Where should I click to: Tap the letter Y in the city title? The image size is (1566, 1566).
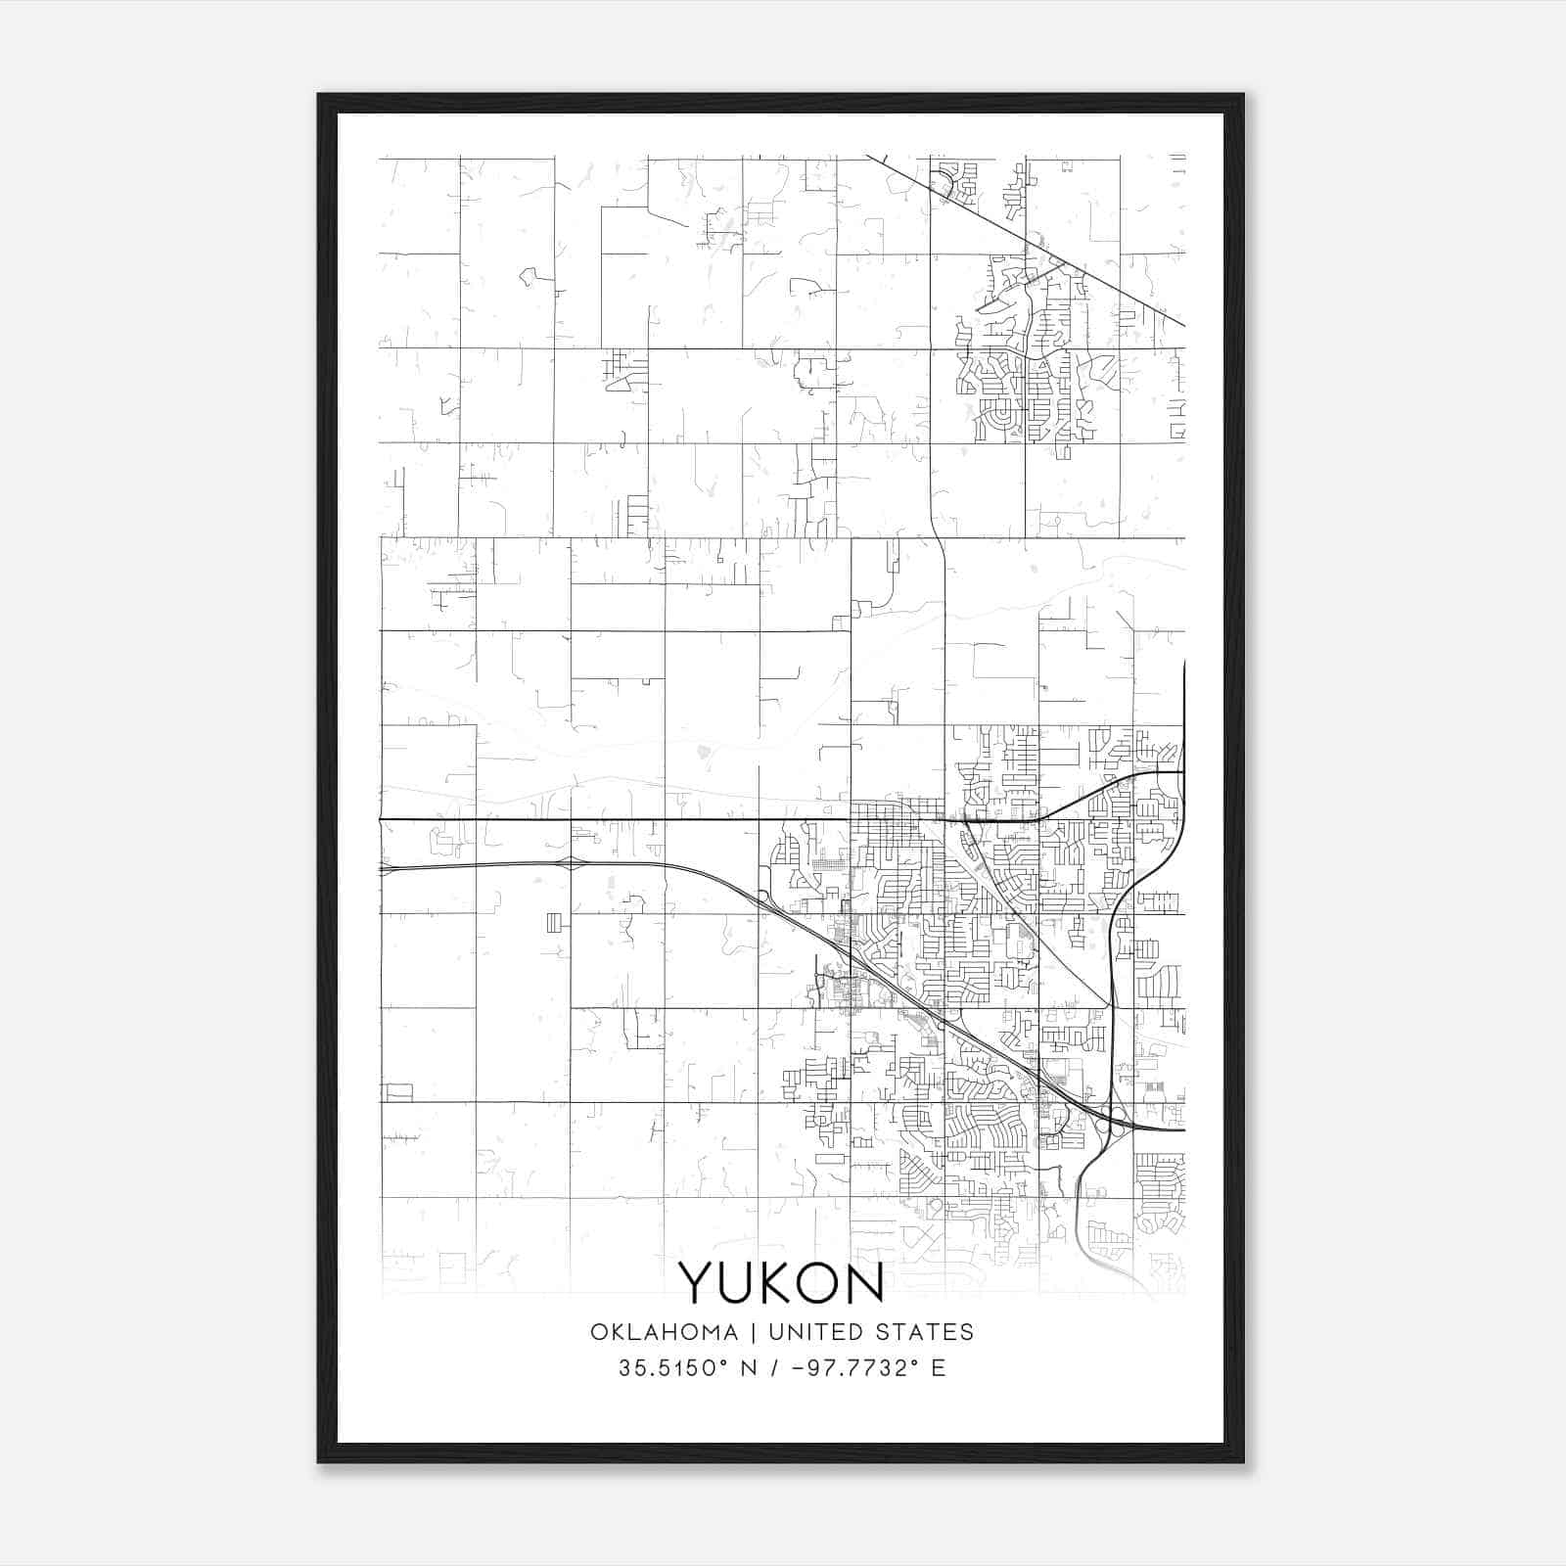699,1283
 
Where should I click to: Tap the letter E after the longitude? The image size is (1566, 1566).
939,1367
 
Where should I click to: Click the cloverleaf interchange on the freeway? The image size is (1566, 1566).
1110,1122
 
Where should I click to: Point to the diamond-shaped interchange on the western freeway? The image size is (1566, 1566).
571,863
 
